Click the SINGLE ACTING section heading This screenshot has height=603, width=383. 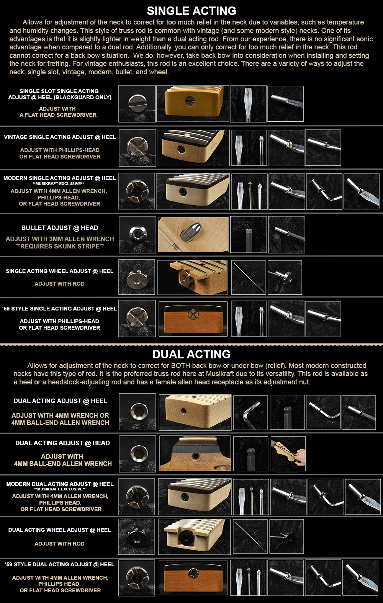coord(191,11)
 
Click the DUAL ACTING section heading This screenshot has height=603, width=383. coord(191,354)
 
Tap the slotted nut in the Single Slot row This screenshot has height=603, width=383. coord(137,103)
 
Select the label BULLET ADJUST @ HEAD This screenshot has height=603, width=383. coord(60,228)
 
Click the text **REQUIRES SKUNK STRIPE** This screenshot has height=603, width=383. coord(60,246)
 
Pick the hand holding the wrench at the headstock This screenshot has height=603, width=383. coord(300,456)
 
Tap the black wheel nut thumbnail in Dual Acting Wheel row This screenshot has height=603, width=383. coord(136,536)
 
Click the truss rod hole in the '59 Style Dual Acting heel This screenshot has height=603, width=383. coord(193,573)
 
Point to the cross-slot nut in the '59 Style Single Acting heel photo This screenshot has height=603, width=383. coord(193,314)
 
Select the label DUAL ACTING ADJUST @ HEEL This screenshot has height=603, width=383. coord(61,401)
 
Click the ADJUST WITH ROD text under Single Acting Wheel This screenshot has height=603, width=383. coord(59,284)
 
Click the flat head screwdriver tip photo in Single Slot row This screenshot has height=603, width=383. coord(248,103)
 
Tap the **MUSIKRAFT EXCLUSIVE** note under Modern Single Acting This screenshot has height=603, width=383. coord(58,184)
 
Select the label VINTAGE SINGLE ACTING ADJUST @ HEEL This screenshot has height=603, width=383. coord(60,137)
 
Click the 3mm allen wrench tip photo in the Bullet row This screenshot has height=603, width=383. coord(248,234)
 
